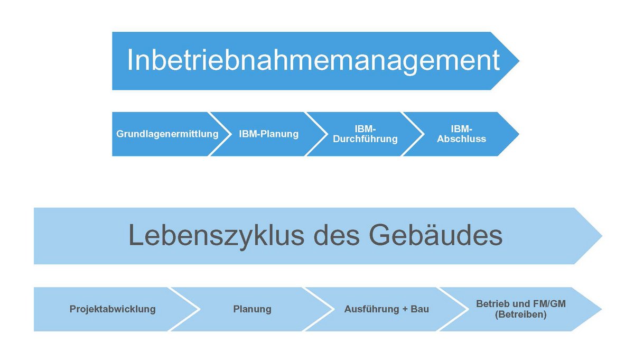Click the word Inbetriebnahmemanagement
tap(314, 61)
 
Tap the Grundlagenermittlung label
tap(167, 134)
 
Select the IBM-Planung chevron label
tap(268, 134)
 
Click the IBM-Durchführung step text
tap(365, 134)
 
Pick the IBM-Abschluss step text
tap(462, 134)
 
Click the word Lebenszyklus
tap(216, 236)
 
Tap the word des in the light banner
tap(337, 236)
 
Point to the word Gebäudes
tap(435, 235)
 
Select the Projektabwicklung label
tap(113, 309)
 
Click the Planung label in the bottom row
tap(252, 309)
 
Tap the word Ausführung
tap(372, 309)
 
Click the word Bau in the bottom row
tap(419, 309)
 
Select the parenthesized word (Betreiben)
tap(521, 315)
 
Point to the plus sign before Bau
tap(405, 309)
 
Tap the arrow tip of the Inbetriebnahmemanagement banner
tap(519, 61)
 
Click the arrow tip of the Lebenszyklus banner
tap(602, 236)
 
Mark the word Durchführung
tap(365, 139)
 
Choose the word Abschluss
tap(462, 139)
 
